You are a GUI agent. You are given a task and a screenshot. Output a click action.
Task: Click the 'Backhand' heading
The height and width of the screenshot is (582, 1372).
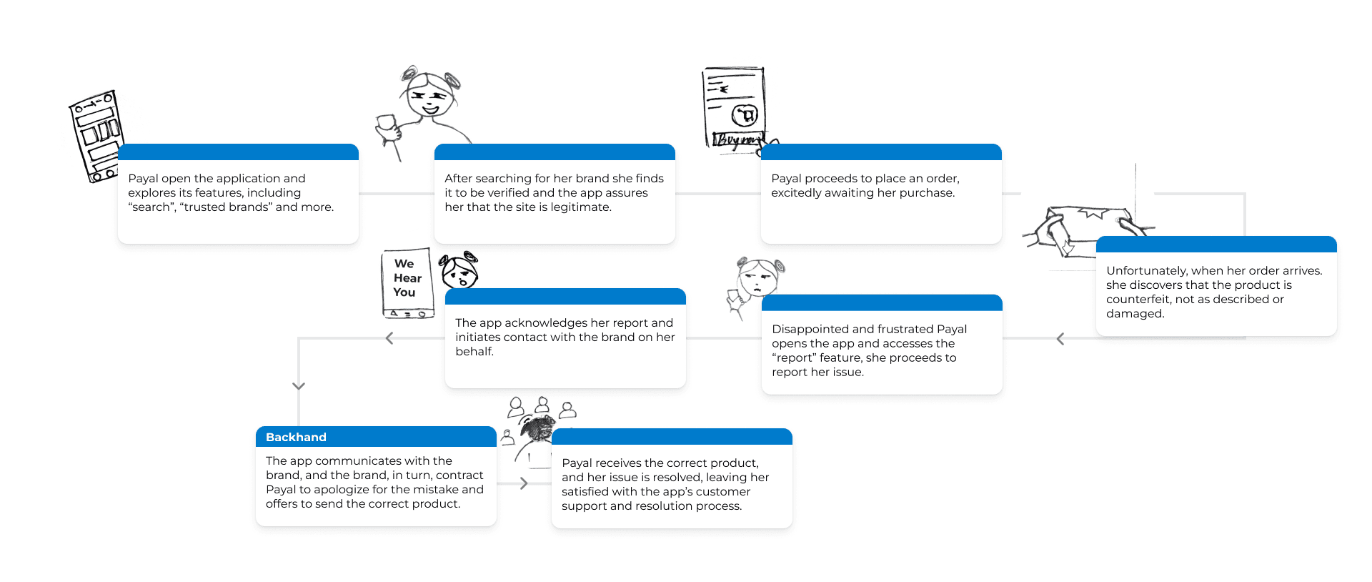point(296,437)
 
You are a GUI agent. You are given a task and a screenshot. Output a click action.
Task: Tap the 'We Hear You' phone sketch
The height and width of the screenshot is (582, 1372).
point(407,283)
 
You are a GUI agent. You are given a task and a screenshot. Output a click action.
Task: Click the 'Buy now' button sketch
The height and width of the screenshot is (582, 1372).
point(737,139)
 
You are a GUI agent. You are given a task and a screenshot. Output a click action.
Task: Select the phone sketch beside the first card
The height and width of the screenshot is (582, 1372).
point(96,136)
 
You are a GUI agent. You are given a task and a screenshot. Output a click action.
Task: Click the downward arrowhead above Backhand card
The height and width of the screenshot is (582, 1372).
point(299,386)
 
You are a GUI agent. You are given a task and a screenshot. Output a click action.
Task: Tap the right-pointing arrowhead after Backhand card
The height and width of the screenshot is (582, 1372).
point(524,483)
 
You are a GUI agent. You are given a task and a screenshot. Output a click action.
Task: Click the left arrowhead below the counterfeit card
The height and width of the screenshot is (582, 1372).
point(1060,339)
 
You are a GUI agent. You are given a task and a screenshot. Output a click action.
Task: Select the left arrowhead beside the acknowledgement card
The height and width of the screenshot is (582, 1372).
point(389,338)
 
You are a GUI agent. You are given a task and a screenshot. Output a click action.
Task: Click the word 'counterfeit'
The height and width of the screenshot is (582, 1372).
point(1138,299)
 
